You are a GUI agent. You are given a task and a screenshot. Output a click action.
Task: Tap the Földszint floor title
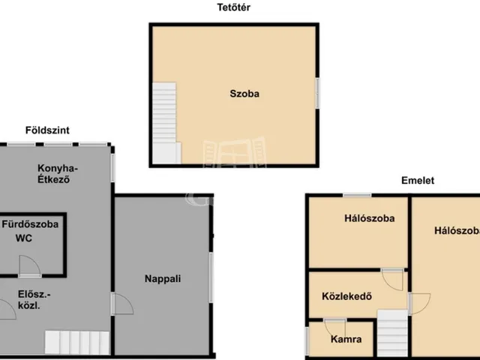pyautogui.click(x=47, y=130)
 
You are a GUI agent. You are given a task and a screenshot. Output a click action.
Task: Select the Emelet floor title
pyautogui.click(x=417, y=181)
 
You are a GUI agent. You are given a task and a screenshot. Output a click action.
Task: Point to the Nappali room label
pyautogui.click(x=163, y=279)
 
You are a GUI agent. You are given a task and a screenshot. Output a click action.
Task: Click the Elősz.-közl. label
pyautogui.click(x=29, y=299)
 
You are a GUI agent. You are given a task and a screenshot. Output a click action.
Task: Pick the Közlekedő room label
pyautogui.click(x=347, y=294)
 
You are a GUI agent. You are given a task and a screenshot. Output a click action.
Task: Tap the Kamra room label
pyautogui.click(x=346, y=339)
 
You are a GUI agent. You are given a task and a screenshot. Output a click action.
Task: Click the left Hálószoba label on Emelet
pyautogui.click(x=370, y=219)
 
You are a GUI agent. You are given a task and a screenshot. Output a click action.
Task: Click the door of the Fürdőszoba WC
pyautogui.click(x=30, y=265)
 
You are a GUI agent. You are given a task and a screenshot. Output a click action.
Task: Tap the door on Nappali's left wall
pyautogui.click(x=120, y=304)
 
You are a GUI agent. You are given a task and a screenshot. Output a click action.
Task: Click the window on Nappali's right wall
pyautogui.click(x=212, y=278)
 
